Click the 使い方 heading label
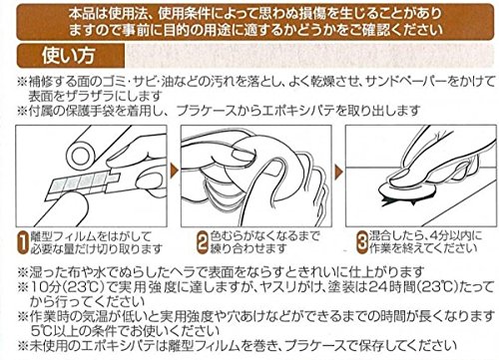[68, 56]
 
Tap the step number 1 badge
[23, 243]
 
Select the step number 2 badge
[203, 242]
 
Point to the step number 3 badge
[362, 242]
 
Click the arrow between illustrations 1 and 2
[174, 171]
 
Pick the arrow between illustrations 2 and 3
[339, 172]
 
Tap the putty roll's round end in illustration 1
[80, 155]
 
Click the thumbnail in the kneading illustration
[244, 155]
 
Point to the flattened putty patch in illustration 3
[406, 191]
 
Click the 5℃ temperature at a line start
[41, 331]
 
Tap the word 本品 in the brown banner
[82, 13]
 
